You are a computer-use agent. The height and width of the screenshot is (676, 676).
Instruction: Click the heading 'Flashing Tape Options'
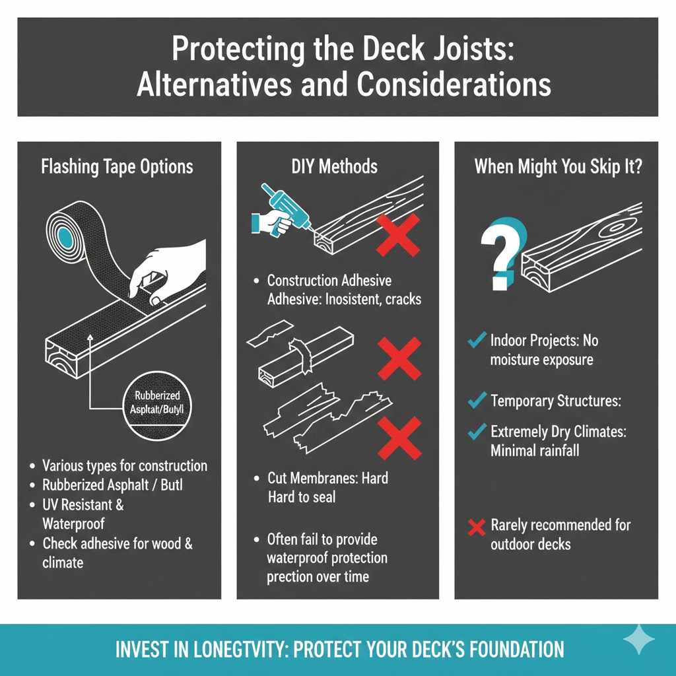pyautogui.click(x=117, y=166)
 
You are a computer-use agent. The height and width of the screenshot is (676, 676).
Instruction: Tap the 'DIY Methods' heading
pyautogui.click(x=334, y=166)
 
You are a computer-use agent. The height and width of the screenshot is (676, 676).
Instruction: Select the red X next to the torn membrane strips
pyautogui.click(x=398, y=436)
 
